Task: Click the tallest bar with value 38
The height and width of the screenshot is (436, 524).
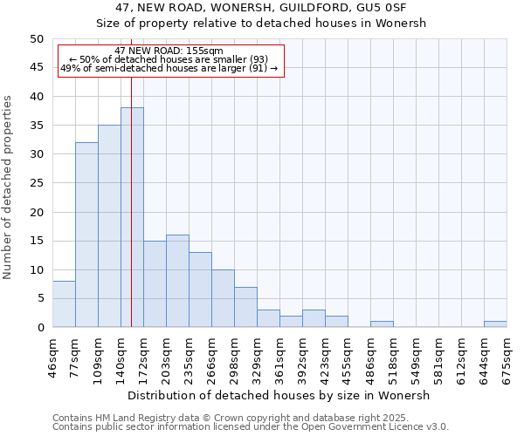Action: [x=132, y=218]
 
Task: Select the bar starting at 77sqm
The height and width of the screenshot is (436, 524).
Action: [x=86, y=235]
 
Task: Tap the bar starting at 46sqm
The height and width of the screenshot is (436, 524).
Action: [x=64, y=304]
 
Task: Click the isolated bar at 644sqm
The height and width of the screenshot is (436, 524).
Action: [x=495, y=324]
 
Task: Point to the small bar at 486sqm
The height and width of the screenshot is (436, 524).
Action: [x=382, y=324]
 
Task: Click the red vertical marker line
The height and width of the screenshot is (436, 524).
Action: [x=131, y=174]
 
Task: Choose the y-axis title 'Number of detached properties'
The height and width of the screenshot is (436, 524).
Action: [x=9, y=187]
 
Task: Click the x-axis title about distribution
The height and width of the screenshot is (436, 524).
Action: [x=279, y=395]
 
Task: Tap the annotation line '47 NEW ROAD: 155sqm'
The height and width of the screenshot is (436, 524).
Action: [x=169, y=51]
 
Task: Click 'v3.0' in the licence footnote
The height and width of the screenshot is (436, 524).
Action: [x=435, y=426]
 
